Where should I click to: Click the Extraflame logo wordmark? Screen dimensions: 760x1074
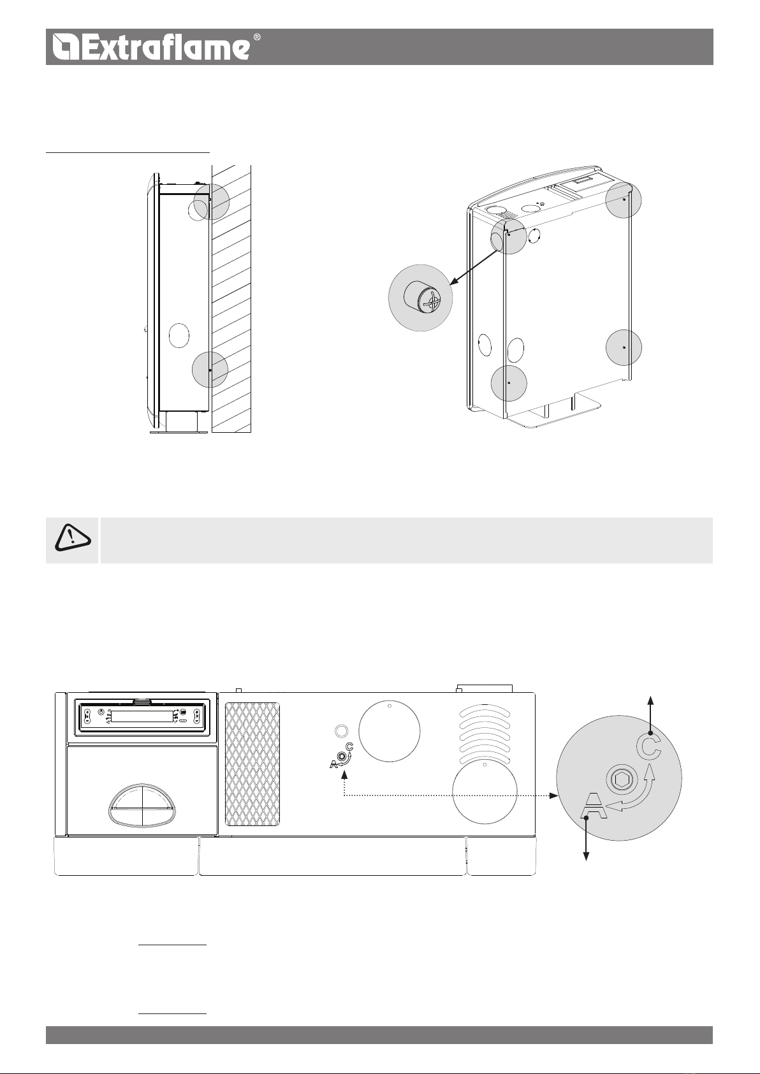click(x=151, y=47)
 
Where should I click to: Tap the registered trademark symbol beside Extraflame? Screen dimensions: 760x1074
click(x=256, y=38)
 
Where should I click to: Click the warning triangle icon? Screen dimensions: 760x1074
click(x=73, y=538)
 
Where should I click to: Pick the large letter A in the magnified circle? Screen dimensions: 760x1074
click(x=594, y=806)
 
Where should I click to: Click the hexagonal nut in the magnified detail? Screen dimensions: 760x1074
click(x=622, y=781)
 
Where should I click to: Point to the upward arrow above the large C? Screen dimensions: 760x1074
click(x=650, y=715)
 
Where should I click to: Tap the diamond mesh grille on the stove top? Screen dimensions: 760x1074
click(x=252, y=764)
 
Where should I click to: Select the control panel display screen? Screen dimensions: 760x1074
click(x=142, y=717)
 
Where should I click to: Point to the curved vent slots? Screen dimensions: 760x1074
click(x=485, y=734)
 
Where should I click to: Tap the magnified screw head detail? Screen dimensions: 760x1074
click(x=421, y=297)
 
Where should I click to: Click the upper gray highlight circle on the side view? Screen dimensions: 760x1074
click(x=212, y=201)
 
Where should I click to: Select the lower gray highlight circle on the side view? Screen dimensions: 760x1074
click(x=210, y=370)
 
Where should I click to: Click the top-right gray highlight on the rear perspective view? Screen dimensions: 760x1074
click(x=624, y=200)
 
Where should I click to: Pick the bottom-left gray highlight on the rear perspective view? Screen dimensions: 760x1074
click(x=509, y=383)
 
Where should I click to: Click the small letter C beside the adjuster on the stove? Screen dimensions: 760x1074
click(x=349, y=746)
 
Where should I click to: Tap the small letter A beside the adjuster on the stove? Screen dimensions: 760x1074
click(x=333, y=764)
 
